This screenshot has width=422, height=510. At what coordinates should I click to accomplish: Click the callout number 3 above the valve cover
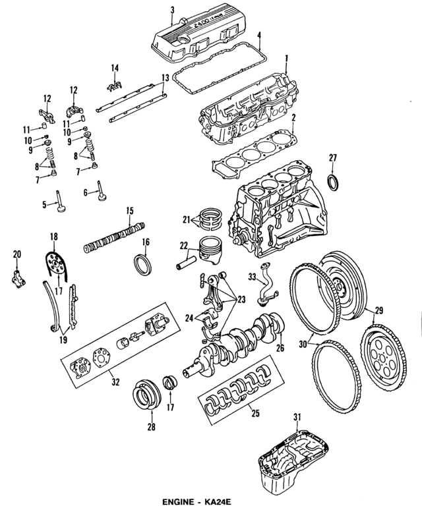(x=171, y=9)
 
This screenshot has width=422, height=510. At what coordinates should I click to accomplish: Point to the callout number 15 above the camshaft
(x=130, y=211)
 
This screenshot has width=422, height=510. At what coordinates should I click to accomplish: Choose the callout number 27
(x=333, y=157)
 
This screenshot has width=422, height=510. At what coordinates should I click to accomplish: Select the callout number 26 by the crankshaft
(x=280, y=349)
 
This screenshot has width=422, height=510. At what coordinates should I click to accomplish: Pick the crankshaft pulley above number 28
(x=146, y=394)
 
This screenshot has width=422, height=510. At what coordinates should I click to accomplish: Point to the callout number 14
(x=115, y=67)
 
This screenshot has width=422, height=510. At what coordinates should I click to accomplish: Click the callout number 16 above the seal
(x=146, y=242)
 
